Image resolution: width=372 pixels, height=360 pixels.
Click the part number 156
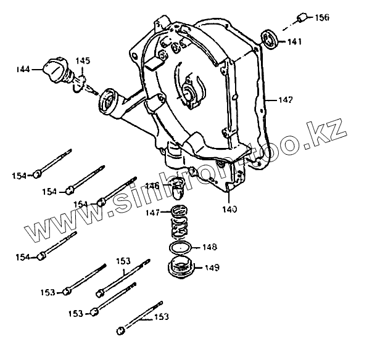pyautogui.click(x=321, y=17)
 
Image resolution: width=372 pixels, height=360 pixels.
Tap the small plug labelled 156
pyautogui.click(x=302, y=17)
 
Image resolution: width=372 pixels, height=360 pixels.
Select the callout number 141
pyautogui.click(x=293, y=41)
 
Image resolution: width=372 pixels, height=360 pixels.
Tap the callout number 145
pyautogui.click(x=83, y=60)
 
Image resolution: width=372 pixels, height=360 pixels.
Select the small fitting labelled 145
pyautogui.click(x=78, y=81)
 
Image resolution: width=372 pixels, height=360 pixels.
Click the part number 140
pyautogui.click(x=229, y=209)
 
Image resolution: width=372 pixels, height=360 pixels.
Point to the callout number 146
pyautogui.click(x=152, y=186)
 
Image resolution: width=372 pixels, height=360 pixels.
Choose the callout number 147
pyautogui.click(x=152, y=213)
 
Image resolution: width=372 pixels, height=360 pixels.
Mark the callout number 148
pyautogui.click(x=209, y=247)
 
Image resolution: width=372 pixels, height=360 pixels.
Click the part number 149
pyautogui.click(x=210, y=268)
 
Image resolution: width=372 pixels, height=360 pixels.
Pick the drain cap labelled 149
pyautogui.click(x=181, y=269)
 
